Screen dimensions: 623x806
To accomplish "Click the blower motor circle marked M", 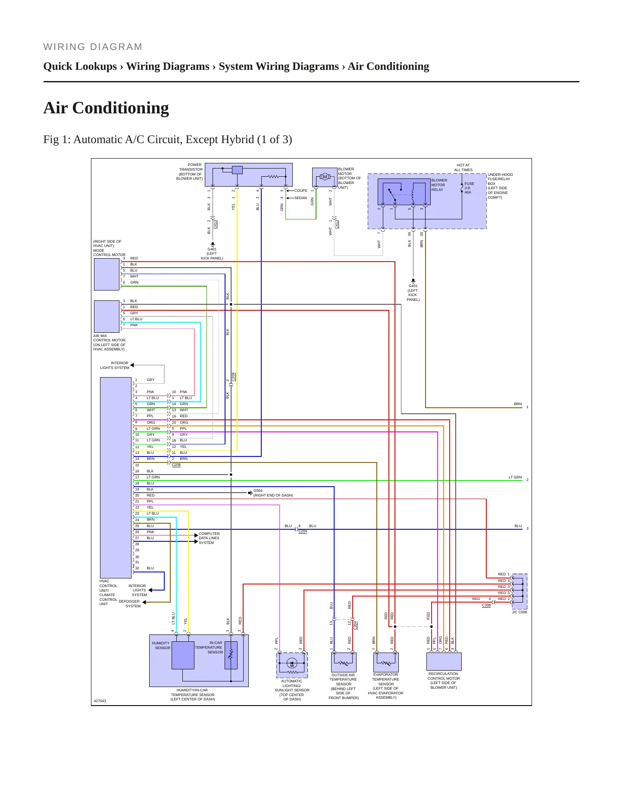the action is pyautogui.click(x=325, y=177).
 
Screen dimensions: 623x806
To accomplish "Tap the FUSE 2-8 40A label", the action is pyautogui.click(x=470, y=188).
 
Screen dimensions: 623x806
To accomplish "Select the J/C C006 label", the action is pyautogui.click(x=520, y=612).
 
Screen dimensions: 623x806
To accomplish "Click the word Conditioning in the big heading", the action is pyautogui.click(x=121, y=108).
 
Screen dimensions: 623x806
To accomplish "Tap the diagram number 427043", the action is pyautogui.click(x=100, y=701).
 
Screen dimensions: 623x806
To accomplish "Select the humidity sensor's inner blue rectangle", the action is pyautogui.click(x=183, y=655).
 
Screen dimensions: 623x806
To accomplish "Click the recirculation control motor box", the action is pyautogui.click(x=444, y=662).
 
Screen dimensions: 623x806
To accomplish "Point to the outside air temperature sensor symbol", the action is pyautogui.click(x=344, y=662).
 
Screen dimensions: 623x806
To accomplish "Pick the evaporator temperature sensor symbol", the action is pyautogui.click(x=386, y=662).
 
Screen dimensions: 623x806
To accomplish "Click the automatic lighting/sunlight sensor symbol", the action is pyautogui.click(x=292, y=665).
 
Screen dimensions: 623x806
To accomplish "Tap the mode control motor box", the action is pyautogui.click(x=107, y=274).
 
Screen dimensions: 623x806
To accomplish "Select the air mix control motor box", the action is pyautogui.click(x=107, y=316).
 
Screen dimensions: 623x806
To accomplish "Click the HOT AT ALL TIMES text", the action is pyautogui.click(x=463, y=168).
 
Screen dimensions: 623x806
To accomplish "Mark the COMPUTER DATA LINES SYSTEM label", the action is pyautogui.click(x=209, y=538).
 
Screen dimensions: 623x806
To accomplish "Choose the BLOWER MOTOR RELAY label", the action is pyautogui.click(x=439, y=185).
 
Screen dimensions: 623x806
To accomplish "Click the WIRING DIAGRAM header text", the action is pyautogui.click(x=93, y=47).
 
